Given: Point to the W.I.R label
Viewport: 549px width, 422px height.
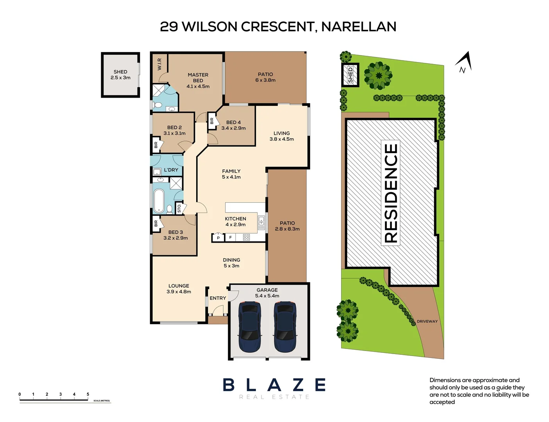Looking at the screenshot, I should coord(159,64).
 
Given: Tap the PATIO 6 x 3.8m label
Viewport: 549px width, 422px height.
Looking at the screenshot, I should coord(265,77).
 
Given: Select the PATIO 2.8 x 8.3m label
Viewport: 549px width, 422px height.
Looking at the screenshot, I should coord(287,226).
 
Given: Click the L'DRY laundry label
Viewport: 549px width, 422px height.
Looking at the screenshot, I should coord(171,170).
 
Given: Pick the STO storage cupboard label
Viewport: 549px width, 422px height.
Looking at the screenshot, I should coord(179,208).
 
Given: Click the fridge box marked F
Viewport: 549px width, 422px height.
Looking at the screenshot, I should coord(231,237).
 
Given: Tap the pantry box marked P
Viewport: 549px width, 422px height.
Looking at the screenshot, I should coord(218,238).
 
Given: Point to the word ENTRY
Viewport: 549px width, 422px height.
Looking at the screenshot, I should coord(218,298).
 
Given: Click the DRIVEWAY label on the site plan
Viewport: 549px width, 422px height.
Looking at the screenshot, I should coord(427,321).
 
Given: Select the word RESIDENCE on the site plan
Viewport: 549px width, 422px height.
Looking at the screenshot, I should coord(391,193).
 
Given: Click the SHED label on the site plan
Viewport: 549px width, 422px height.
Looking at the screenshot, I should coord(351,75).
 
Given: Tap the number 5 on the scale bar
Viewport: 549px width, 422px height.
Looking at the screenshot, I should coord(88,394).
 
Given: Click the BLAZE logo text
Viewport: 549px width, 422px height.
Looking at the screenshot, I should coord(274,385).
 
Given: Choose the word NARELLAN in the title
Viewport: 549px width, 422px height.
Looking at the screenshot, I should coord(358,27).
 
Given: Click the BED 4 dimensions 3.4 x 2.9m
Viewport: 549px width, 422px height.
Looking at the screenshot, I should coord(233,128).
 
